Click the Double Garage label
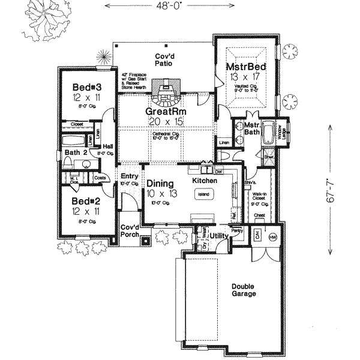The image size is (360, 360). [244, 290]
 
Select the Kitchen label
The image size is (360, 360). [203, 180]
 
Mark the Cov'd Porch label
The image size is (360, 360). [130, 231]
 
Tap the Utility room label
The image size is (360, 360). [218, 236]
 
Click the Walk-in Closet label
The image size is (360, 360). [259, 199]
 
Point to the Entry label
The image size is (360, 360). [130, 176]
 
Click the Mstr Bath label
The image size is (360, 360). [251, 129]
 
